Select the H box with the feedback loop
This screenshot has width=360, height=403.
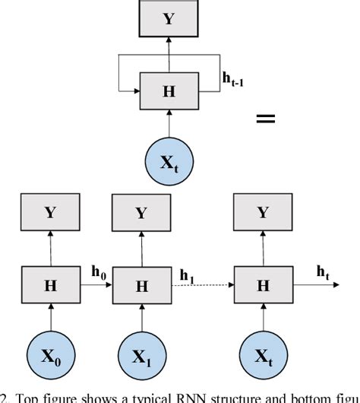pos(169,91)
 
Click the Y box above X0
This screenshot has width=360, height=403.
pos(50,213)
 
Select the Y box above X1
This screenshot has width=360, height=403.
pos(141,213)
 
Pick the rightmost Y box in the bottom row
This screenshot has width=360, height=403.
pos(263,213)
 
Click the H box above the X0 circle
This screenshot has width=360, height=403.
pos(50,285)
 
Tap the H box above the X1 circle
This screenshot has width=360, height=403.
pos(141,285)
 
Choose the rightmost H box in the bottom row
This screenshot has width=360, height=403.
pos(263,285)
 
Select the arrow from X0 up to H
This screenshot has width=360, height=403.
pos(50,318)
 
